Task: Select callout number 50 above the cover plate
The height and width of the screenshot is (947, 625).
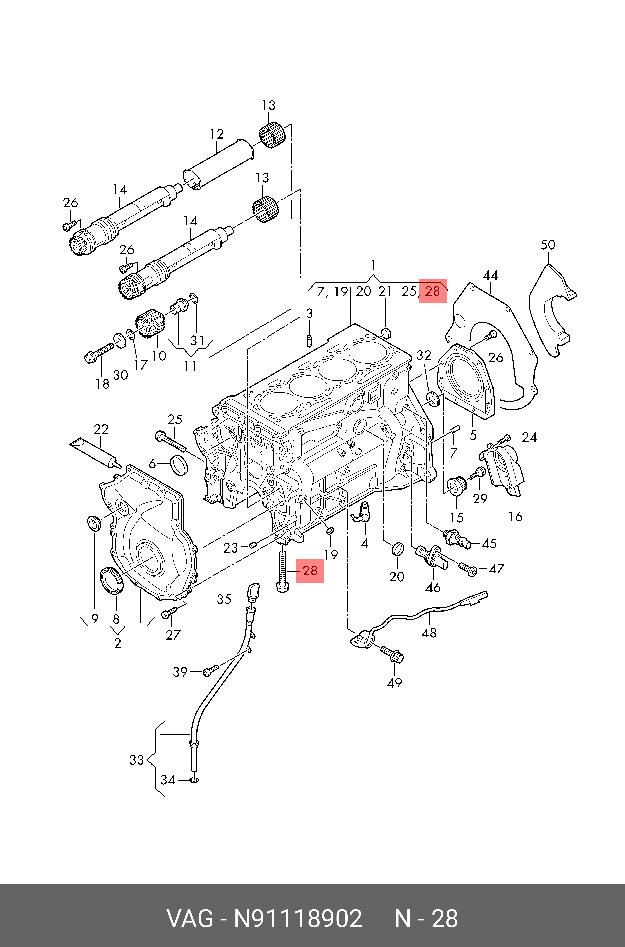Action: tap(548, 245)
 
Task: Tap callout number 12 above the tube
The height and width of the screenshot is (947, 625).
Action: tap(217, 134)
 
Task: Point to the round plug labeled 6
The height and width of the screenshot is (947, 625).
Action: tap(179, 465)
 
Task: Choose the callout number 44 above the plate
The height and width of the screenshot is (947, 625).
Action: tap(490, 275)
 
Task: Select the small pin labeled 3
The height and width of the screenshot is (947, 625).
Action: tap(310, 341)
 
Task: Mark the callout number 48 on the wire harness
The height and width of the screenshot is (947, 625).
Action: tap(429, 633)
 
